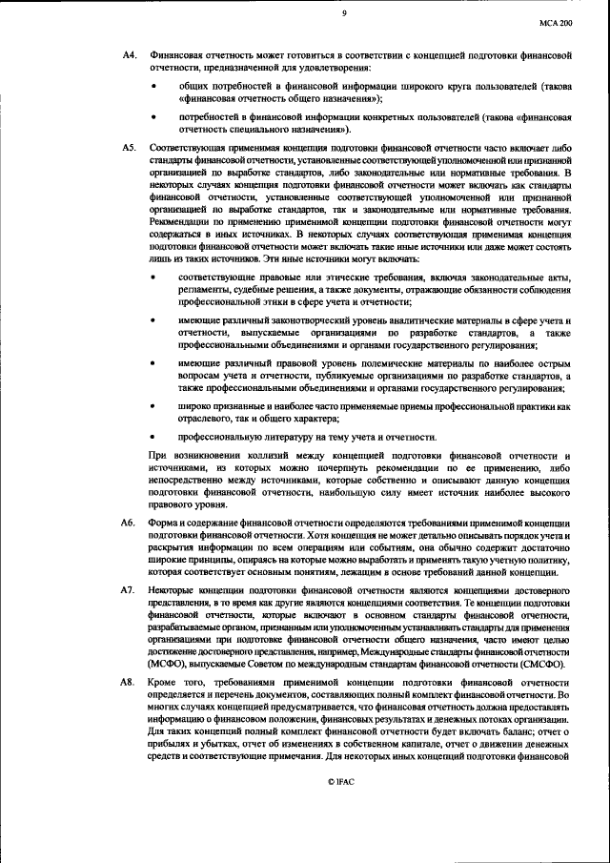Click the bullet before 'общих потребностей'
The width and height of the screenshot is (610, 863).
[x=155, y=87]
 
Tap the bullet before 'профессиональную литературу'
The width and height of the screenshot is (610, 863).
[x=155, y=436]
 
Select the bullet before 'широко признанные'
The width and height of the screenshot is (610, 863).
[x=155, y=406]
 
